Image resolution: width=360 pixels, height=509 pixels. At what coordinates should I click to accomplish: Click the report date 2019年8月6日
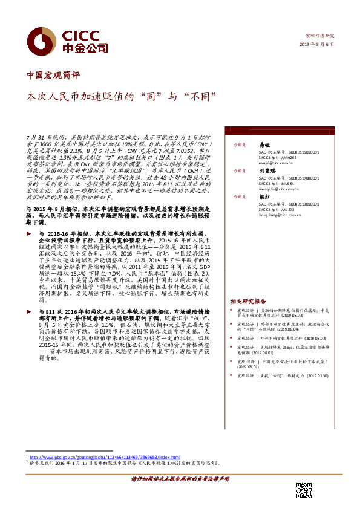click(318, 45)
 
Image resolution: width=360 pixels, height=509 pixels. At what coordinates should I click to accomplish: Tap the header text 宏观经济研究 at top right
click(319, 36)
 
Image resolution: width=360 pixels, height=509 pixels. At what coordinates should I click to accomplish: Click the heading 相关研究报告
click(247, 300)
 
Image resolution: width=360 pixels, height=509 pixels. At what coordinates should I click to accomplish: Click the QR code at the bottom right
click(304, 490)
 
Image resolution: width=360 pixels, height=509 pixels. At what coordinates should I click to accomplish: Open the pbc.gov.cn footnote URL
click(105, 456)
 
